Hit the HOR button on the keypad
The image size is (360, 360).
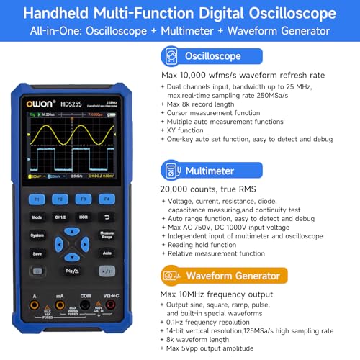[x=83, y=216]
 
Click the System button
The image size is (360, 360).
[x=36, y=235]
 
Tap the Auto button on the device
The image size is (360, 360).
[x=107, y=253]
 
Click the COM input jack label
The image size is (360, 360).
[x=84, y=296]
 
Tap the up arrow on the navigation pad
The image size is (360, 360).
[x=71, y=232]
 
